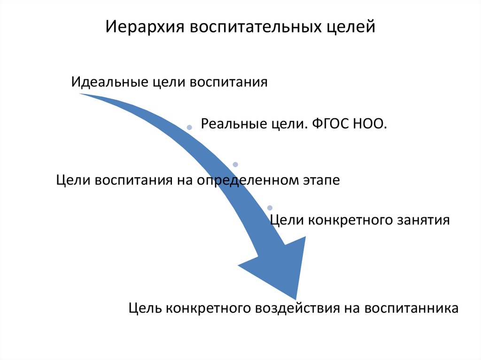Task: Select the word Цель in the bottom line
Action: coord(146,308)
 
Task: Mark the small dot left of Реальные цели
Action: coord(189,127)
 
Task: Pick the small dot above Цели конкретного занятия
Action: coord(270,207)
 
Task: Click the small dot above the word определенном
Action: coord(235,165)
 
